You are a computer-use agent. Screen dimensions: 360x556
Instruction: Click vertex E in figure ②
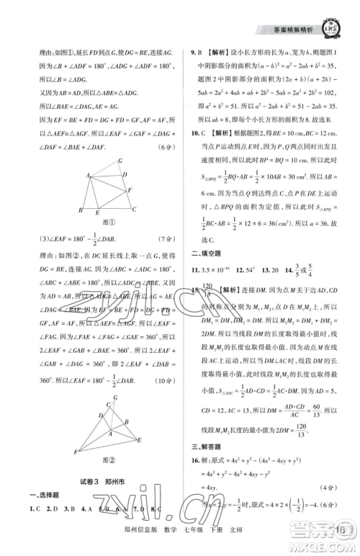[138, 439]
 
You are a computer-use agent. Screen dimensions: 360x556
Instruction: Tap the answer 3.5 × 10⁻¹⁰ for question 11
[223, 269]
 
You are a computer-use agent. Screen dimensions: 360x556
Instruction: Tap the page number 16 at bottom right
[341, 533]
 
